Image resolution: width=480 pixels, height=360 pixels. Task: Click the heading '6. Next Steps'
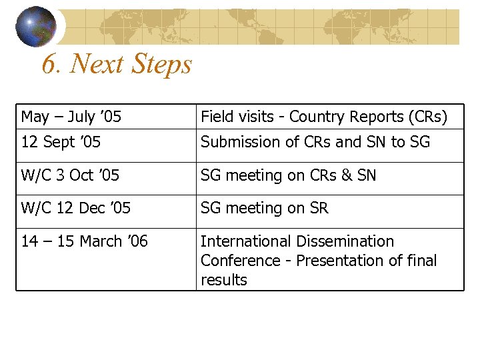(116, 64)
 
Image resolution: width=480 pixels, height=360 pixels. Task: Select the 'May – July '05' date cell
(71, 117)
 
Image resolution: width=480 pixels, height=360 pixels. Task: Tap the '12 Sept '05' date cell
(61, 142)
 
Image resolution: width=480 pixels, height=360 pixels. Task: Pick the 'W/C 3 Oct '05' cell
(70, 175)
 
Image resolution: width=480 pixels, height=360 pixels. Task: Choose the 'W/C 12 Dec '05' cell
(76, 208)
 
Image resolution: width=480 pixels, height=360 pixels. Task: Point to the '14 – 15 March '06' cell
(85, 241)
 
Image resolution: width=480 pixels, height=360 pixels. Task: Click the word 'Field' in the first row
(215, 117)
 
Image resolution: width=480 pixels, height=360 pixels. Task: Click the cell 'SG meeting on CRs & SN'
(288, 175)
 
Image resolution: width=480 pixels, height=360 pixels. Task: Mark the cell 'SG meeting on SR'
(264, 208)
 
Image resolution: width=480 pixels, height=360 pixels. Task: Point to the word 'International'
(246, 241)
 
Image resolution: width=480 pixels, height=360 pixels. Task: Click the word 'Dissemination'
(345, 241)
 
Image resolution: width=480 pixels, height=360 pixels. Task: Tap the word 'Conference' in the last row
(231, 260)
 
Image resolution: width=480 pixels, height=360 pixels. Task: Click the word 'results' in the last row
(223, 280)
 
